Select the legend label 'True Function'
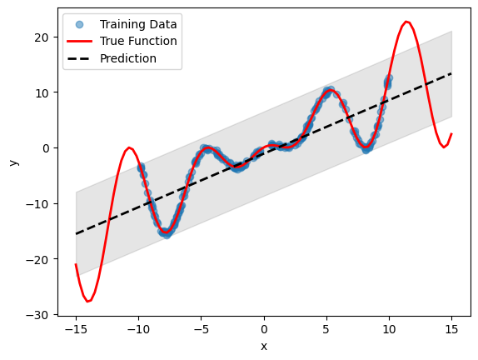click(x=137, y=41)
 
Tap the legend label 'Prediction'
click(x=127, y=58)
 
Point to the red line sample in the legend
click(x=79, y=41)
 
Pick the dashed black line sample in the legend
click(x=79, y=58)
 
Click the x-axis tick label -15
click(x=76, y=329)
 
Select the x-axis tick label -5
click(x=202, y=329)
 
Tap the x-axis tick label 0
click(x=264, y=329)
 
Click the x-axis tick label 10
click(x=389, y=329)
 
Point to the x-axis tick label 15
click(x=451, y=329)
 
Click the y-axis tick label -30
click(x=40, y=315)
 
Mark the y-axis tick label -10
click(x=40, y=203)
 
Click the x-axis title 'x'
click(x=264, y=345)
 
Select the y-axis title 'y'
click(x=12, y=162)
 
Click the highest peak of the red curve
click(x=406, y=22)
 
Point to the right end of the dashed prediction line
click(x=451, y=73)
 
